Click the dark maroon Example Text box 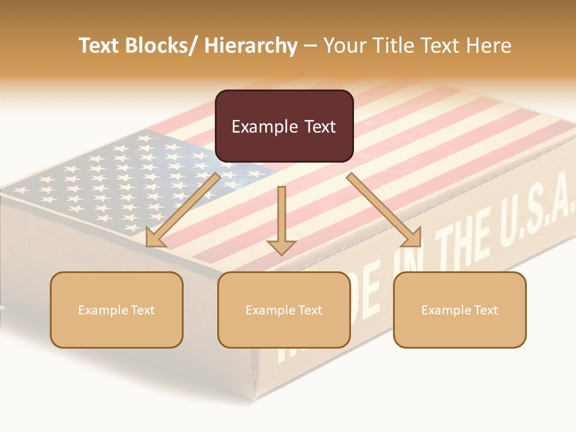[284, 126]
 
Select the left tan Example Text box [116, 310]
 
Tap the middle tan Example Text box [284, 310]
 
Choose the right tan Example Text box [460, 310]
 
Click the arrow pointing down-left [183, 210]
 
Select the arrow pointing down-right [384, 210]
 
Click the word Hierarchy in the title [251, 46]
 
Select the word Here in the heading [489, 46]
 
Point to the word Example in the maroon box [263, 127]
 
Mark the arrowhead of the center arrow [281, 247]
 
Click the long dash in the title [310, 46]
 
